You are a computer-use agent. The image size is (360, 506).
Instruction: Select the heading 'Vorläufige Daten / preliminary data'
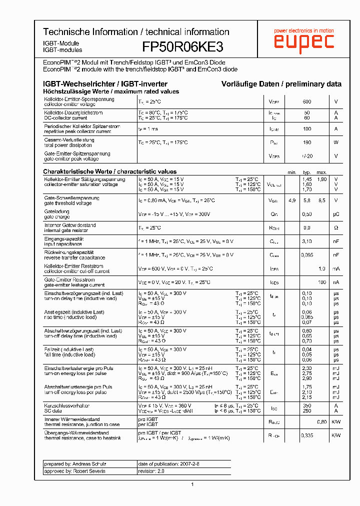pyautogui.click(x=281, y=84)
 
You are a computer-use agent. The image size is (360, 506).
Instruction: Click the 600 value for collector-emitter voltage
pyautogui.click(x=307, y=101)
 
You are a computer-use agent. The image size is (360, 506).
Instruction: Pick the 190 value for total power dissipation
pyautogui.click(x=307, y=142)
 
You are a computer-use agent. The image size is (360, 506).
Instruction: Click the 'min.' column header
pyautogui.click(x=291, y=172)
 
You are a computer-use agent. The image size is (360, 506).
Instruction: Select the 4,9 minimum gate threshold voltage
pyautogui.click(x=292, y=200)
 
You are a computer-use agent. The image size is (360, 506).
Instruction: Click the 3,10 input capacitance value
pyautogui.click(x=307, y=241)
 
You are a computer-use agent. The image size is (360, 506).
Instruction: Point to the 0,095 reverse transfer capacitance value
pyautogui.click(x=307, y=255)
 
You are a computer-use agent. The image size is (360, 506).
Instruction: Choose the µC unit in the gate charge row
pyautogui.click(x=336, y=214)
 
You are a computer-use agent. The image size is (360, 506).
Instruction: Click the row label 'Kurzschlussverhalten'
pyautogui.click(x=66, y=405)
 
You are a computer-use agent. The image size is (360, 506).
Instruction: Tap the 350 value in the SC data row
pyautogui.click(x=307, y=405)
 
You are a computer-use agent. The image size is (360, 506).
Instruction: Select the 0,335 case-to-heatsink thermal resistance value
pyautogui.click(x=307, y=435)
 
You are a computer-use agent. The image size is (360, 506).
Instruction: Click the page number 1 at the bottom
pyautogui.click(x=192, y=484)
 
